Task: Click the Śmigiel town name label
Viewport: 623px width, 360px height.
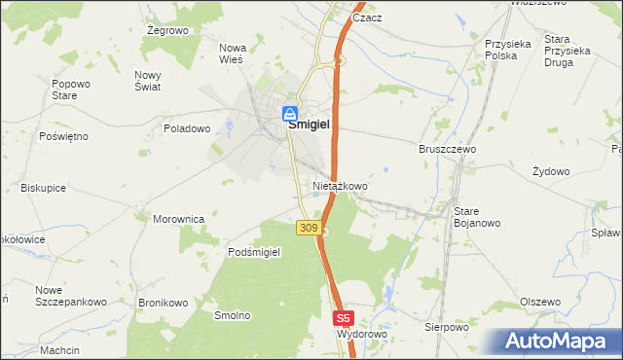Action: click(307, 126)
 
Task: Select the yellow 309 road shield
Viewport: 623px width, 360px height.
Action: click(308, 228)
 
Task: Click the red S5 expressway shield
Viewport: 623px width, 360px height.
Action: click(343, 318)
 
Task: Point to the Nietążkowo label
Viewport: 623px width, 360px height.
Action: click(340, 185)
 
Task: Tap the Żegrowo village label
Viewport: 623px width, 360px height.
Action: click(166, 30)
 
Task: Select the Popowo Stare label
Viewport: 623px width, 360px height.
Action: click(64, 90)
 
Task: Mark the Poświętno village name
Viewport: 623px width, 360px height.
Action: click(63, 136)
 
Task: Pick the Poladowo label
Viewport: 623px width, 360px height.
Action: click(187, 128)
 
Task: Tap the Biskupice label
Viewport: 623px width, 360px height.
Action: click(43, 188)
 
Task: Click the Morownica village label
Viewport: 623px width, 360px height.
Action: click(178, 219)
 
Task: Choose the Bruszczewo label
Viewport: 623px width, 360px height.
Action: click(447, 150)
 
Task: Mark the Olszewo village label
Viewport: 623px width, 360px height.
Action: click(540, 302)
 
